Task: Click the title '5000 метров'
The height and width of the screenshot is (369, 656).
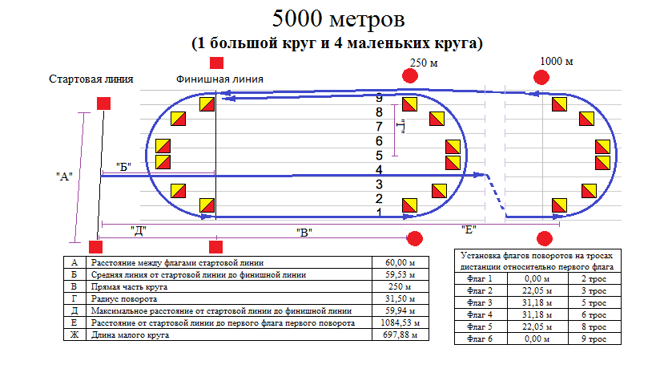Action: tap(336, 17)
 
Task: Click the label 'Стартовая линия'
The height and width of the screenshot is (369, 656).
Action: tap(91, 79)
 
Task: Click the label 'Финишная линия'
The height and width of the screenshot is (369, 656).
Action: tap(219, 79)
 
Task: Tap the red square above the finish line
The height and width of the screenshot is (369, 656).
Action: tap(216, 63)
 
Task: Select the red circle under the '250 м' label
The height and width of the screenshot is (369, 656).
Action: tap(410, 76)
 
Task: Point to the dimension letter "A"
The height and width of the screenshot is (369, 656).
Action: tap(64, 176)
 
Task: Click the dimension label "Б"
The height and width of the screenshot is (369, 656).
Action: tap(123, 166)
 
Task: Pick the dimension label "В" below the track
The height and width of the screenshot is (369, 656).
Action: tap(304, 232)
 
